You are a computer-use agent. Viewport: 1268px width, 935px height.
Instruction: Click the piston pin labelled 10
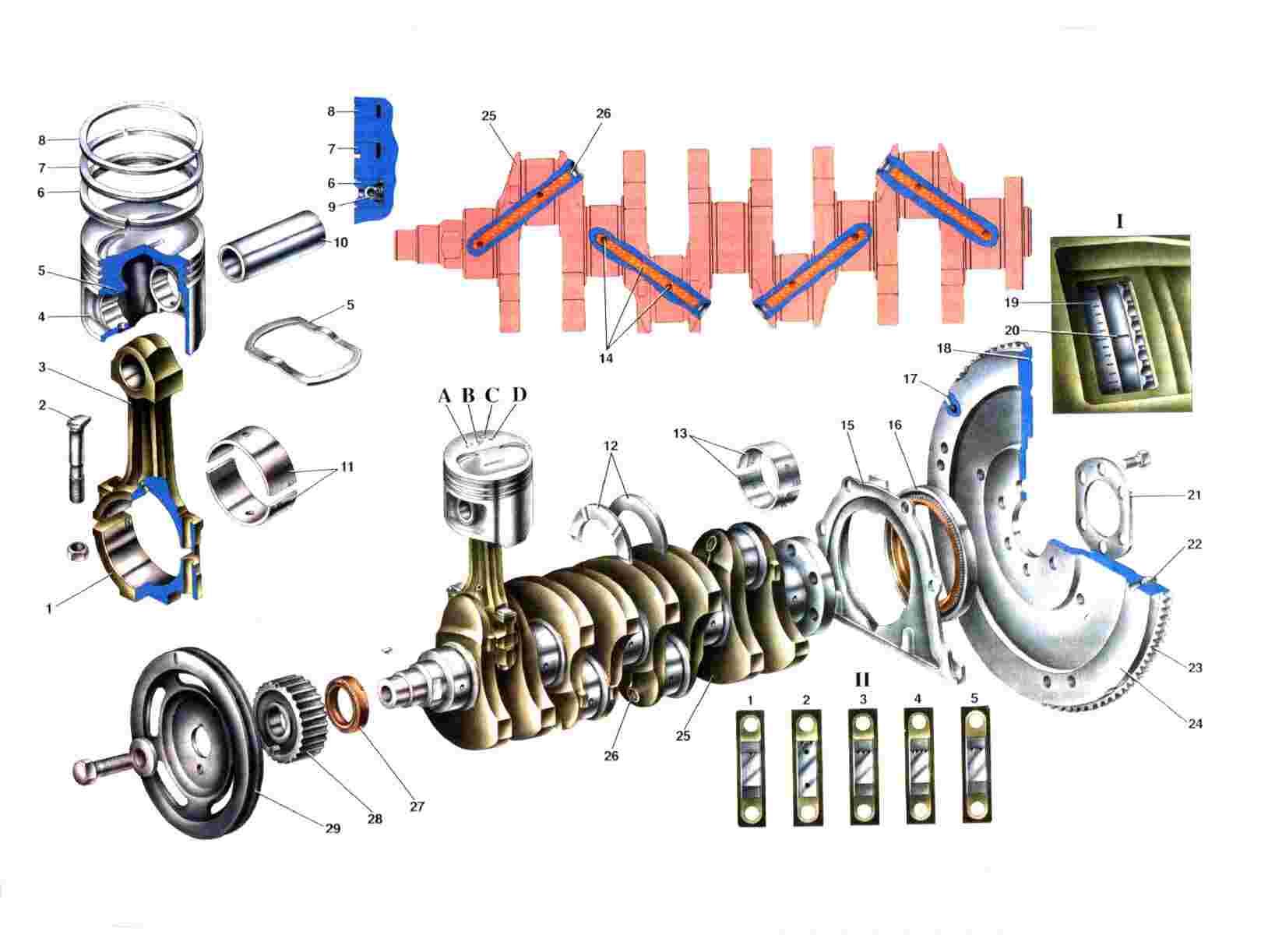271,246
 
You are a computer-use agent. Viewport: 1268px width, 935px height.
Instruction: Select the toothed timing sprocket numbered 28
291,718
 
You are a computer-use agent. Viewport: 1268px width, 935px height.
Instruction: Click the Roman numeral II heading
862,679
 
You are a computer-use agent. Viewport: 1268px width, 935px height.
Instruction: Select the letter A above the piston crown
445,396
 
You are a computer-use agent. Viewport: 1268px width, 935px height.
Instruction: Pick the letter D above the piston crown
519,394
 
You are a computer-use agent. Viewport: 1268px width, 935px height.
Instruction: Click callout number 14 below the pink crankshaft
606,358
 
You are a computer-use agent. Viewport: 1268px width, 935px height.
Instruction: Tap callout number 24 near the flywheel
1195,723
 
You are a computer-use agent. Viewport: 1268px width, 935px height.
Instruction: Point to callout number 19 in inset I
1012,302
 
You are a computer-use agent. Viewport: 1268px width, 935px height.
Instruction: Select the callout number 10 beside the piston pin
340,242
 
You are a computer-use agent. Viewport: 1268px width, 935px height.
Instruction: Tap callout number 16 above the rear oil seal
894,425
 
